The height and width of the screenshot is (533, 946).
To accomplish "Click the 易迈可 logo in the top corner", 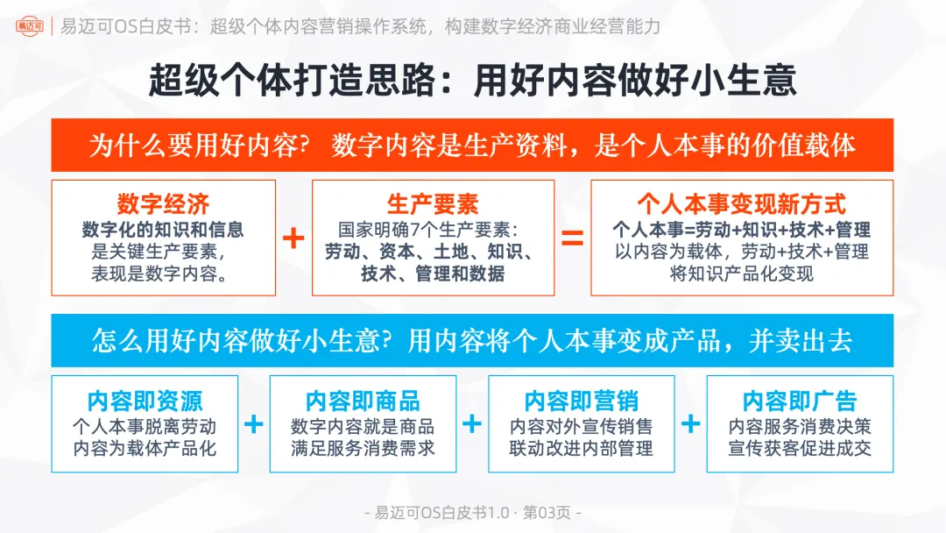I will pyautogui.click(x=30, y=25).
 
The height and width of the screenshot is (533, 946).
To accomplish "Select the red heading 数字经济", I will pyautogui.click(x=163, y=205).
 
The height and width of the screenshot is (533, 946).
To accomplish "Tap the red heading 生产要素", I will pyautogui.click(x=433, y=205).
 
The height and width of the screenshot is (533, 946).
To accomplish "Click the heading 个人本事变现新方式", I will pyautogui.click(x=741, y=205).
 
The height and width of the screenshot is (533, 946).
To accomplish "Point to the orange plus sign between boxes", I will pyautogui.click(x=293, y=238).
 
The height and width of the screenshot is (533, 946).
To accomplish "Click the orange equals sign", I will pyautogui.click(x=572, y=238).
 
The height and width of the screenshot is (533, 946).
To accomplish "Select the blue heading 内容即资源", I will pyautogui.click(x=145, y=402).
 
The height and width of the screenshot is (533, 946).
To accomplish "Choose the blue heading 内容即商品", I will pyautogui.click(x=363, y=402).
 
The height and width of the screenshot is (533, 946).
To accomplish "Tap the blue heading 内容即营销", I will pyautogui.click(x=581, y=402).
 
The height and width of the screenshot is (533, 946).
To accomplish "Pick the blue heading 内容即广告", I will pyautogui.click(x=799, y=402).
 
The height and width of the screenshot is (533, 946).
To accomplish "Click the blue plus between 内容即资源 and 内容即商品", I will pyautogui.click(x=253, y=425).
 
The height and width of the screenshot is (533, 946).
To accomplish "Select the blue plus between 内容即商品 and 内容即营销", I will pyautogui.click(x=472, y=425).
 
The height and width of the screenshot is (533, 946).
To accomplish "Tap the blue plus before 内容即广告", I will pyautogui.click(x=690, y=425).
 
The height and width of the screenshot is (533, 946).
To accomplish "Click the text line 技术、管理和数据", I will pyautogui.click(x=433, y=274).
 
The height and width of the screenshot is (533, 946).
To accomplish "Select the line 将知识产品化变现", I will pyautogui.click(x=741, y=274).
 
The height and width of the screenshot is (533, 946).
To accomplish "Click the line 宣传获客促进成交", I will pyautogui.click(x=800, y=449).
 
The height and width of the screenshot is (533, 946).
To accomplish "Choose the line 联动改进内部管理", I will pyautogui.click(x=581, y=449).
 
